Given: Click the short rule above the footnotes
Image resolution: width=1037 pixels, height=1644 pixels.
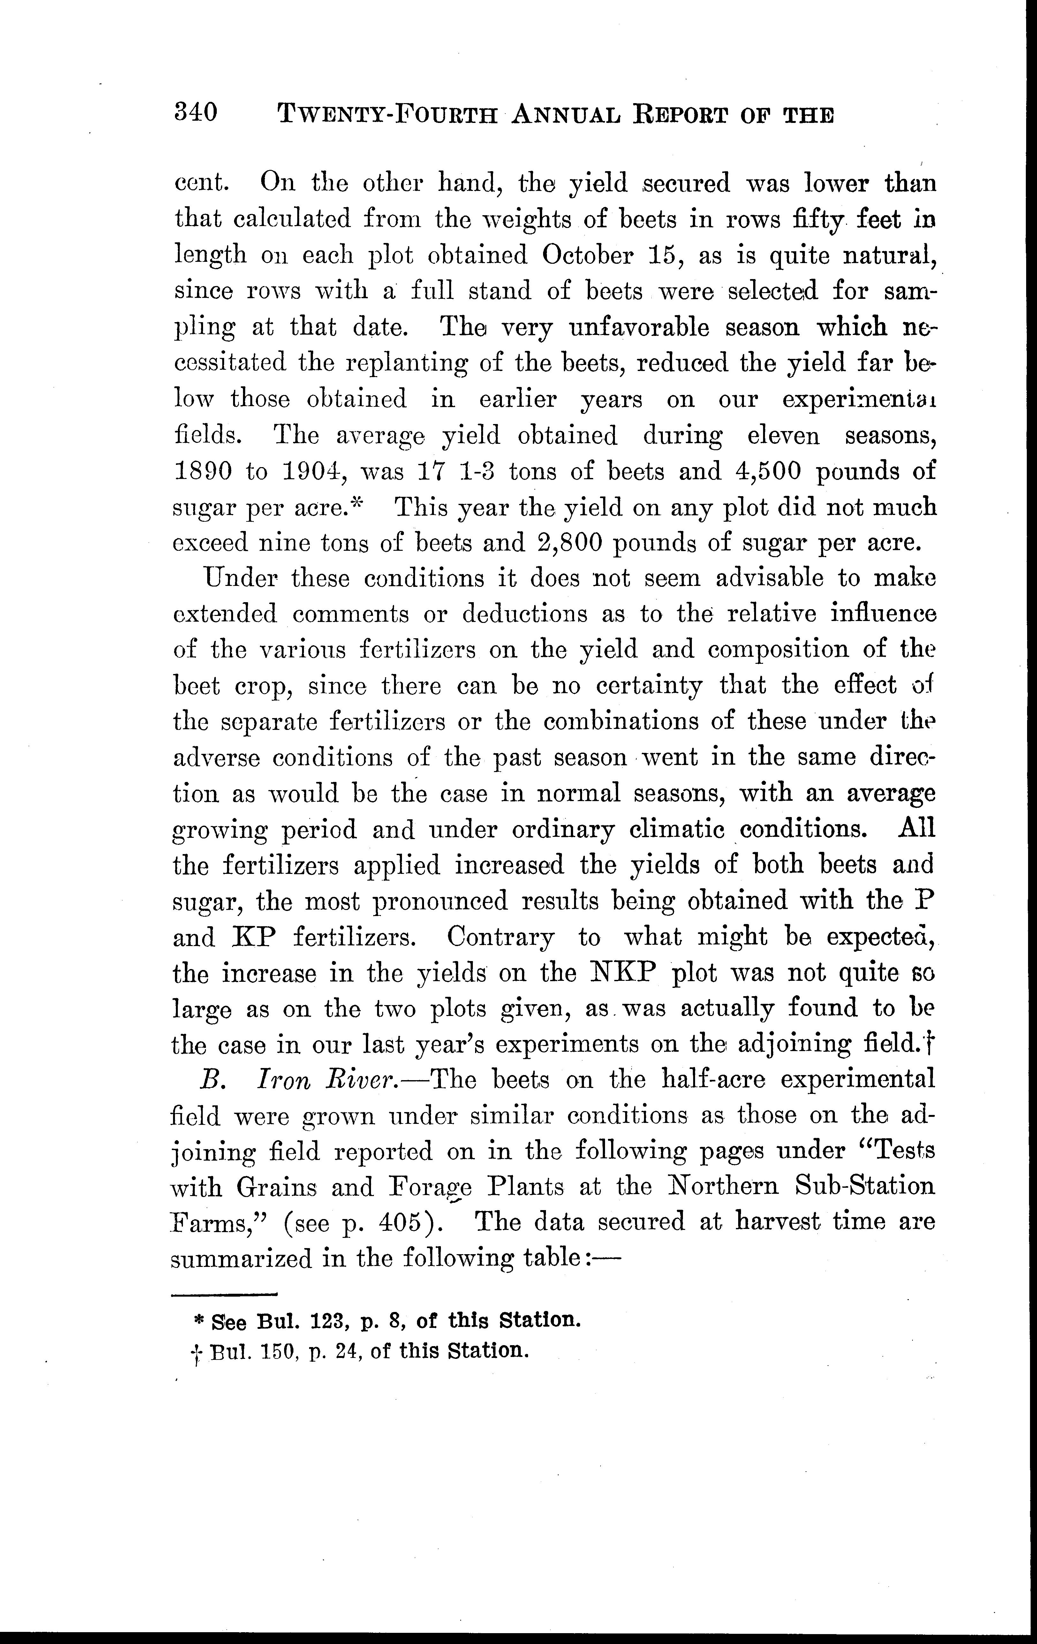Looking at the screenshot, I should [x=224, y=1294].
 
